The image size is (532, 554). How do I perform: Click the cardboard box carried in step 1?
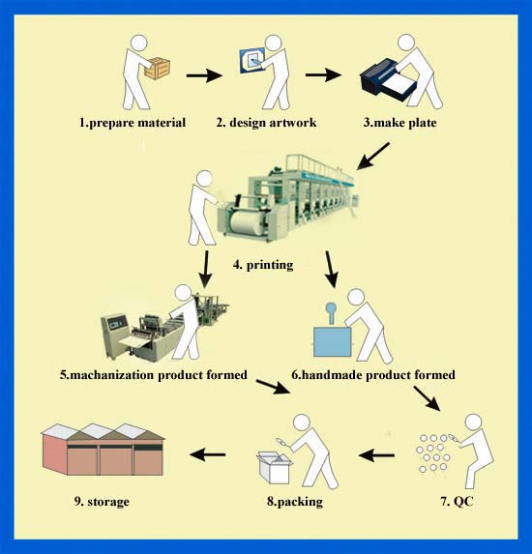pos(158,69)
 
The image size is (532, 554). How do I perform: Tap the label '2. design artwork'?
pos(266,123)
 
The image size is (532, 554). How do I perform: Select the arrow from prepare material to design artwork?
pos(204,75)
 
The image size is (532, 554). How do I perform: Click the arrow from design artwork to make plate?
pos(323,74)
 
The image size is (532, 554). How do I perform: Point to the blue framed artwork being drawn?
pos(251,60)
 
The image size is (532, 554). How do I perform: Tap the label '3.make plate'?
pos(399,123)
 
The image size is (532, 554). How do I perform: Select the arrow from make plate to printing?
pos(373,156)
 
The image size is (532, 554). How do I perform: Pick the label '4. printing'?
pos(263,265)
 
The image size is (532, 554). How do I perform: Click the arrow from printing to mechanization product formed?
pos(205,269)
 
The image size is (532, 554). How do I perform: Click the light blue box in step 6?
pos(333,341)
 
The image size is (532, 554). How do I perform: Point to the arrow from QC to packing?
pos(376,455)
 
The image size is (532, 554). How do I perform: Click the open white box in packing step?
pos(275,467)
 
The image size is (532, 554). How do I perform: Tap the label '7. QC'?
pos(457,501)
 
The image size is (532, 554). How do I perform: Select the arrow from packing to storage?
pos(208,454)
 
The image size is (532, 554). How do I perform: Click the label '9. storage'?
pos(102,502)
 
